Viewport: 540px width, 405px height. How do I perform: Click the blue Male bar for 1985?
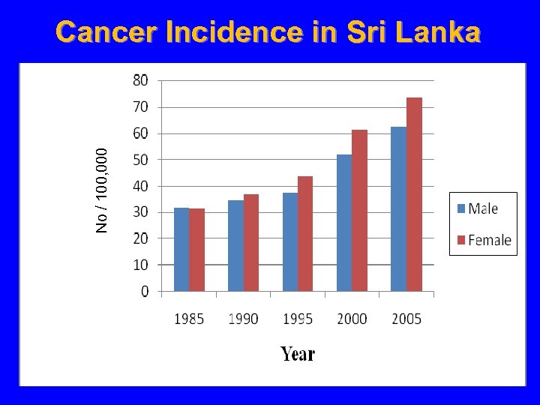181,250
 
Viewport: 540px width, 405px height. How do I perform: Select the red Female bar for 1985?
197,250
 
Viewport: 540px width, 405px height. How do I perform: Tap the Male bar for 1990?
235,246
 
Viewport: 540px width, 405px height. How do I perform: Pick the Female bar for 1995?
305,234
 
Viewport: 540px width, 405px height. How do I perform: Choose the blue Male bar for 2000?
344,223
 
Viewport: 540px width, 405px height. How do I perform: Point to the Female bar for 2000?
360,211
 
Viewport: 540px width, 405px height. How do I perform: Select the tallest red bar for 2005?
414,194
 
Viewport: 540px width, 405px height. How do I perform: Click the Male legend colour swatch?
460,208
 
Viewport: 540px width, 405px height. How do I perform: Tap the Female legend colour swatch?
460,240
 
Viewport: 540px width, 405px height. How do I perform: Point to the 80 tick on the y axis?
141,79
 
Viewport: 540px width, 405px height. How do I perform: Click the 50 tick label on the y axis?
141,160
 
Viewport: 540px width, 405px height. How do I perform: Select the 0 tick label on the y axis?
145,291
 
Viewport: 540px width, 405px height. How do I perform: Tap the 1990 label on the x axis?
243,319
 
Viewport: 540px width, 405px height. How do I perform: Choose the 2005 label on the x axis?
406,319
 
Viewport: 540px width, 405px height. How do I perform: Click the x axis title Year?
298,354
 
